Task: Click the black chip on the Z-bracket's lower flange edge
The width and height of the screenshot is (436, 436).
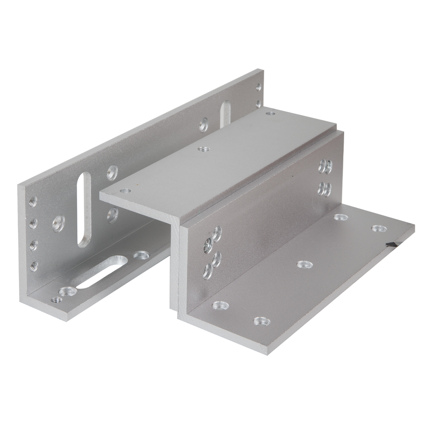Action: [390, 245]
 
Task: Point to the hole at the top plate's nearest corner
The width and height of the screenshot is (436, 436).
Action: [128, 191]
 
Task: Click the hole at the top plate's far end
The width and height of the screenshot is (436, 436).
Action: [272, 113]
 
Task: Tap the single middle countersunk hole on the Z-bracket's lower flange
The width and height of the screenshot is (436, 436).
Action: [305, 264]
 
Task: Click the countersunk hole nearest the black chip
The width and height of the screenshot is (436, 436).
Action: [379, 228]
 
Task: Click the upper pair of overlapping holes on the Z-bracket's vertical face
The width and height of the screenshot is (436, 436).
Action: [325, 167]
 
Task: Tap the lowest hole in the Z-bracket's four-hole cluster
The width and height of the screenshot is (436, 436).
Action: [208, 271]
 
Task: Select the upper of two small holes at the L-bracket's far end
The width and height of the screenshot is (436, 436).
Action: [259, 86]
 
